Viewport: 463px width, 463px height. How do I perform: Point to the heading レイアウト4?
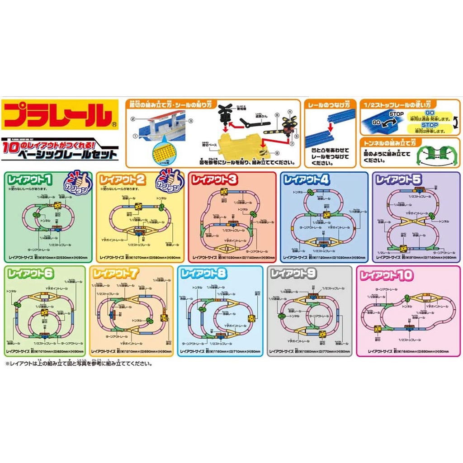pyautogui.click(x=306, y=180)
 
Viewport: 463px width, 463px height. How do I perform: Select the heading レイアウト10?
pyautogui.click(x=386, y=274)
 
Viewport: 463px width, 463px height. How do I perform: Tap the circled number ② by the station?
pyautogui.click(x=134, y=119)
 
